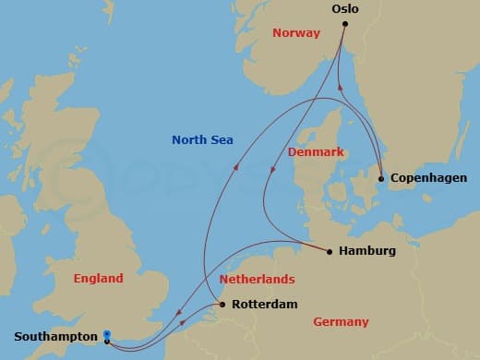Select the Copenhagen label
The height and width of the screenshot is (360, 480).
point(429,177)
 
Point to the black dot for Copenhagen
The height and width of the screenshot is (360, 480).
point(381,178)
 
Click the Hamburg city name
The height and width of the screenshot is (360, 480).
point(367,250)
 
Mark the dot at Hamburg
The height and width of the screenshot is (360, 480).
point(330,250)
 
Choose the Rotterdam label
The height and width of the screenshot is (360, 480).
point(263,304)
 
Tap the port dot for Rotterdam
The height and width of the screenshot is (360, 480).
point(222,304)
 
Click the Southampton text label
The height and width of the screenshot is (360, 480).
point(54,338)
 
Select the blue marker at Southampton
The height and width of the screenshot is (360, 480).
point(108,334)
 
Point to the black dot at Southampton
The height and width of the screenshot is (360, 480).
point(108,342)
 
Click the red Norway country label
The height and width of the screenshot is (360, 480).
point(295,33)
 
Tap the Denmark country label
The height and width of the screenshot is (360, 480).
point(317,150)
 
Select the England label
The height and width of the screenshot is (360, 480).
point(97,278)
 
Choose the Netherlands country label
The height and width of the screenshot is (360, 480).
point(257,279)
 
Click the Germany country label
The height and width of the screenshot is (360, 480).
point(341,321)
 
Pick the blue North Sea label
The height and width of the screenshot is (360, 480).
point(202,140)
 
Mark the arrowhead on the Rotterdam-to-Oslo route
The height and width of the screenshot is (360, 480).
point(235,168)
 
